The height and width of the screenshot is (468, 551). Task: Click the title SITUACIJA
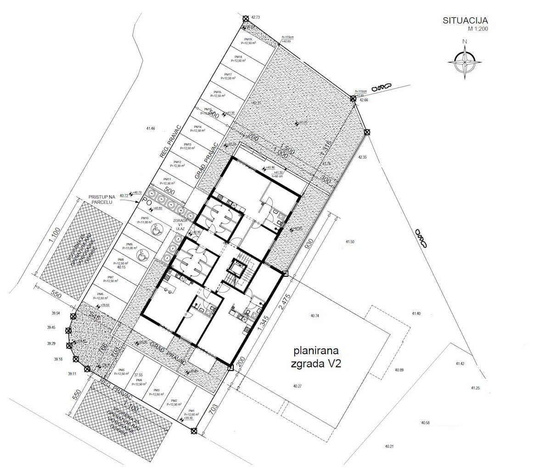tap(465, 20)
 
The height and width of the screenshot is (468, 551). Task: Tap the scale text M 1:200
tap(478, 29)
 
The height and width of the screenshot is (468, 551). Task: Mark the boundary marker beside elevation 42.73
tap(246, 18)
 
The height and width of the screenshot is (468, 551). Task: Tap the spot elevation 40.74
tap(315, 316)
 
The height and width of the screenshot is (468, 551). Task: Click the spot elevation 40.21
tap(389, 446)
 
